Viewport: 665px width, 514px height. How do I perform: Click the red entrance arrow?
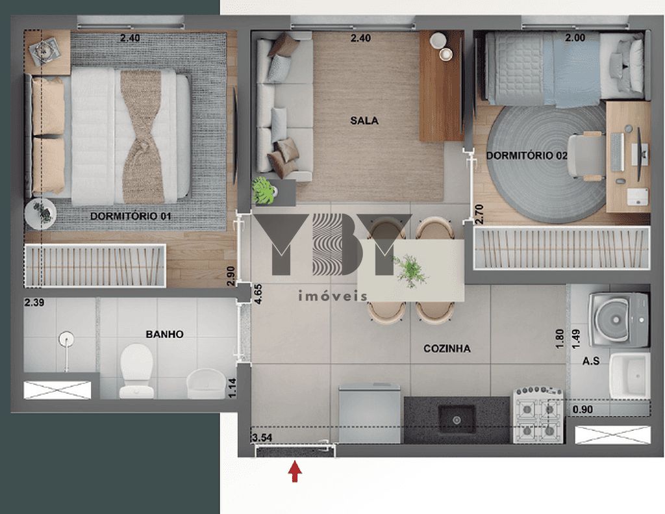click(295, 472)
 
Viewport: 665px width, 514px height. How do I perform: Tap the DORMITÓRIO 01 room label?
click(131, 216)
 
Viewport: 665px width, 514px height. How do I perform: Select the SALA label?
click(364, 121)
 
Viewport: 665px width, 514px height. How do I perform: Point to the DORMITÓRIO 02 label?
click(527, 155)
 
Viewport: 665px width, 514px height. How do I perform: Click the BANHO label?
click(164, 335)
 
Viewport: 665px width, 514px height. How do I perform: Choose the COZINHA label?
click(447, 348)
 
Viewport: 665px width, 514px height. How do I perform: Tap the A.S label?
click(591, 361)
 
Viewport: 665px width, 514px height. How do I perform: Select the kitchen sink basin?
click(457, 418)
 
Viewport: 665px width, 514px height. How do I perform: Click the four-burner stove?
click(538, 415)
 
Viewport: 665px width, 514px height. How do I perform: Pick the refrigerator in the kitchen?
click(370, 412)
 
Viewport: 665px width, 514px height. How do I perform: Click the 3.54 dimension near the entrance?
click(262, 437)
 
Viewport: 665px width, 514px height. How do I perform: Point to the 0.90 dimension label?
click(583, 410)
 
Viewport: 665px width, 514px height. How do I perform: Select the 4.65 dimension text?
click(258, 294)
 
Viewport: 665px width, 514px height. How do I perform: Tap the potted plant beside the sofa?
click(264, 191)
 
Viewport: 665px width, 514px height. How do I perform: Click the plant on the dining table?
click(409, 270)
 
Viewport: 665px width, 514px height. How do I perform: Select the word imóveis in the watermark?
click(333, 296)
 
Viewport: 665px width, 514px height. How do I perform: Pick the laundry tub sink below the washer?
click(630, 376)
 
